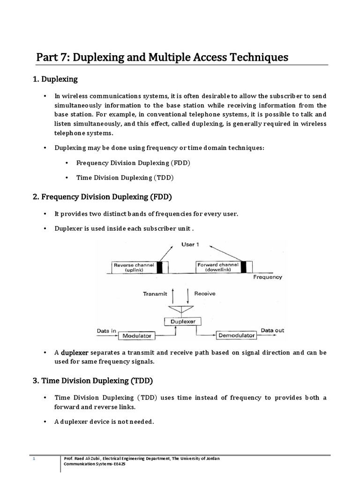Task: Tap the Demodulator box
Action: click(x=236, y=335)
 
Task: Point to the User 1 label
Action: click(x=190, y=245)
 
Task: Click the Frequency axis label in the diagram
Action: click(x=268, y=277)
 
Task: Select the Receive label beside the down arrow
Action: click(x=204, y=293)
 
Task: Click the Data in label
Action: click(x=106, y=330)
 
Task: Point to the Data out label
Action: click(x=272, y=330)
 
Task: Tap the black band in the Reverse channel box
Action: click(x=160, y=267)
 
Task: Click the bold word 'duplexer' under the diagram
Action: click(x=75, y=352)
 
